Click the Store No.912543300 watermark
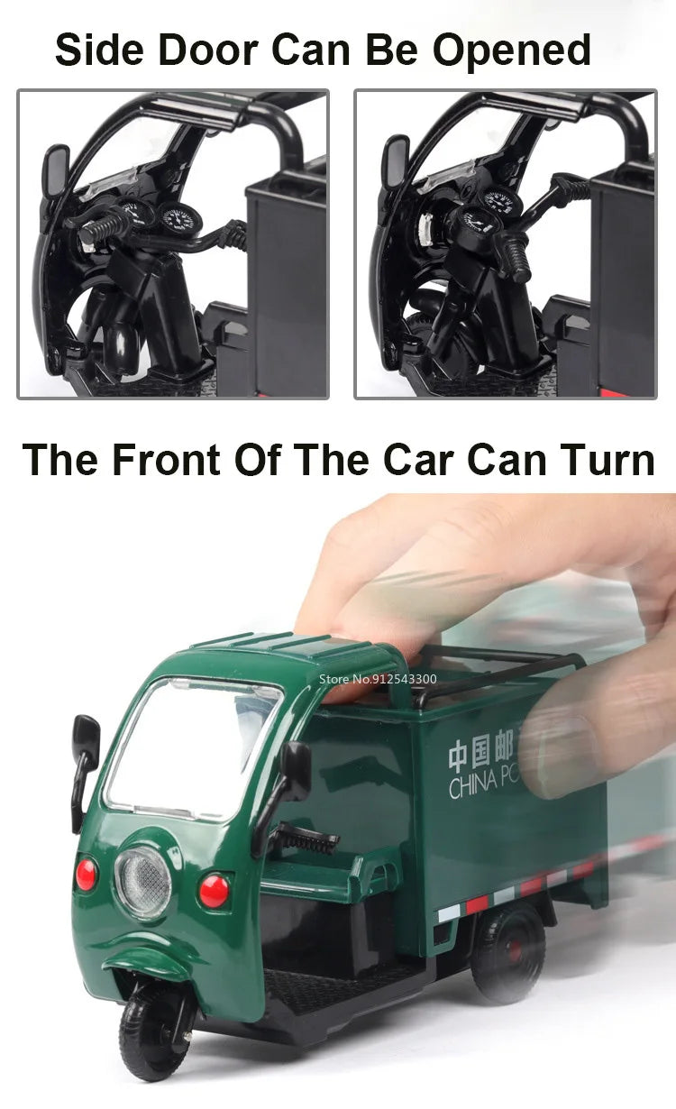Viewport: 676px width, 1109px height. click(x=378, y=679)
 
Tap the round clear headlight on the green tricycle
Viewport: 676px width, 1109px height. click(x=142, y=882)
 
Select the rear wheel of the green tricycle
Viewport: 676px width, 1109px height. click(x=508, y=951)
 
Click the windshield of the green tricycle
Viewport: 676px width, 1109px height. click(x=193, y=747)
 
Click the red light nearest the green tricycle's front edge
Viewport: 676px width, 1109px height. click(x=87, y=874)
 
